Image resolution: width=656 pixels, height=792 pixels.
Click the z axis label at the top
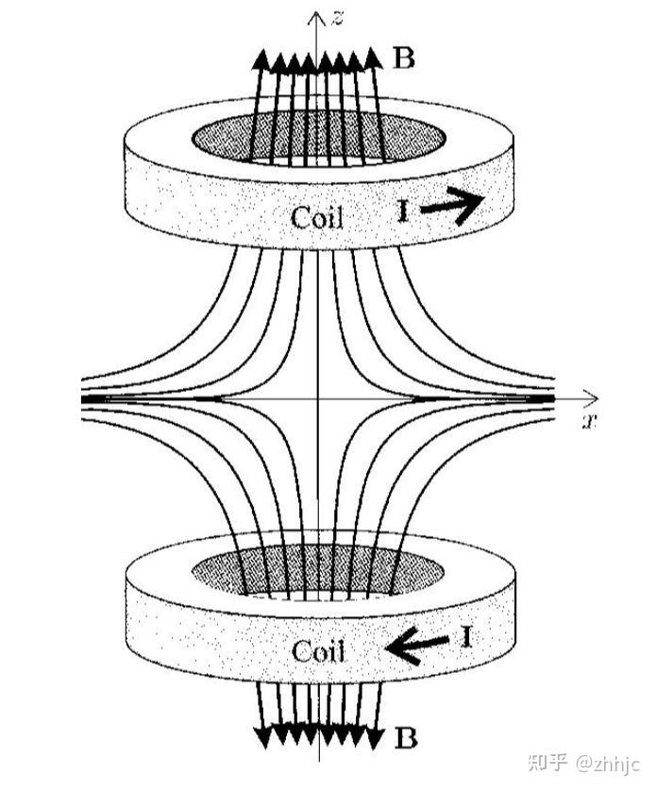(x=337, y=16)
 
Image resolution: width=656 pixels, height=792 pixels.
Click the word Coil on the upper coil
(x=317, y=218)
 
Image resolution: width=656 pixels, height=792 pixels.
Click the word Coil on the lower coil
(x=318, y=651)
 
